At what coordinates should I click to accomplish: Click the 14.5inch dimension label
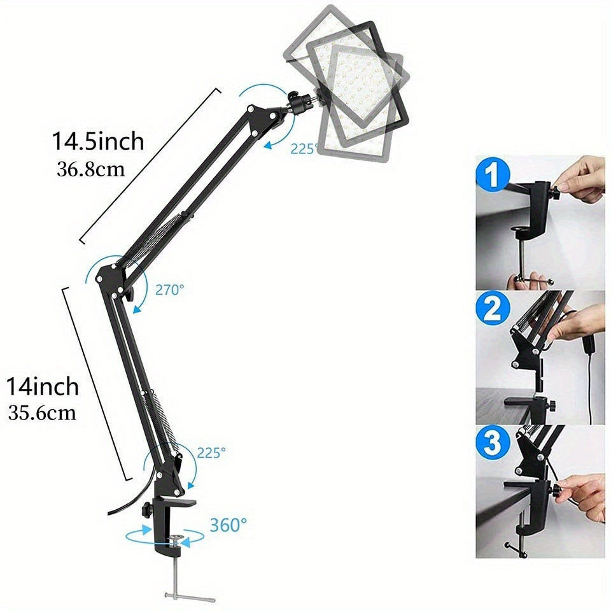click(98, 141)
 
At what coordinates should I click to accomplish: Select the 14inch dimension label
click(43, 386)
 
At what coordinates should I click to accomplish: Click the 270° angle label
click(169, 290)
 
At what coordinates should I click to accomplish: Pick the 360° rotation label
click(228, 525)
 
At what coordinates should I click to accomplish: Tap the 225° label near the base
click(211, 453)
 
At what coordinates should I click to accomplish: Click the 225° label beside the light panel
click(304, 148)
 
